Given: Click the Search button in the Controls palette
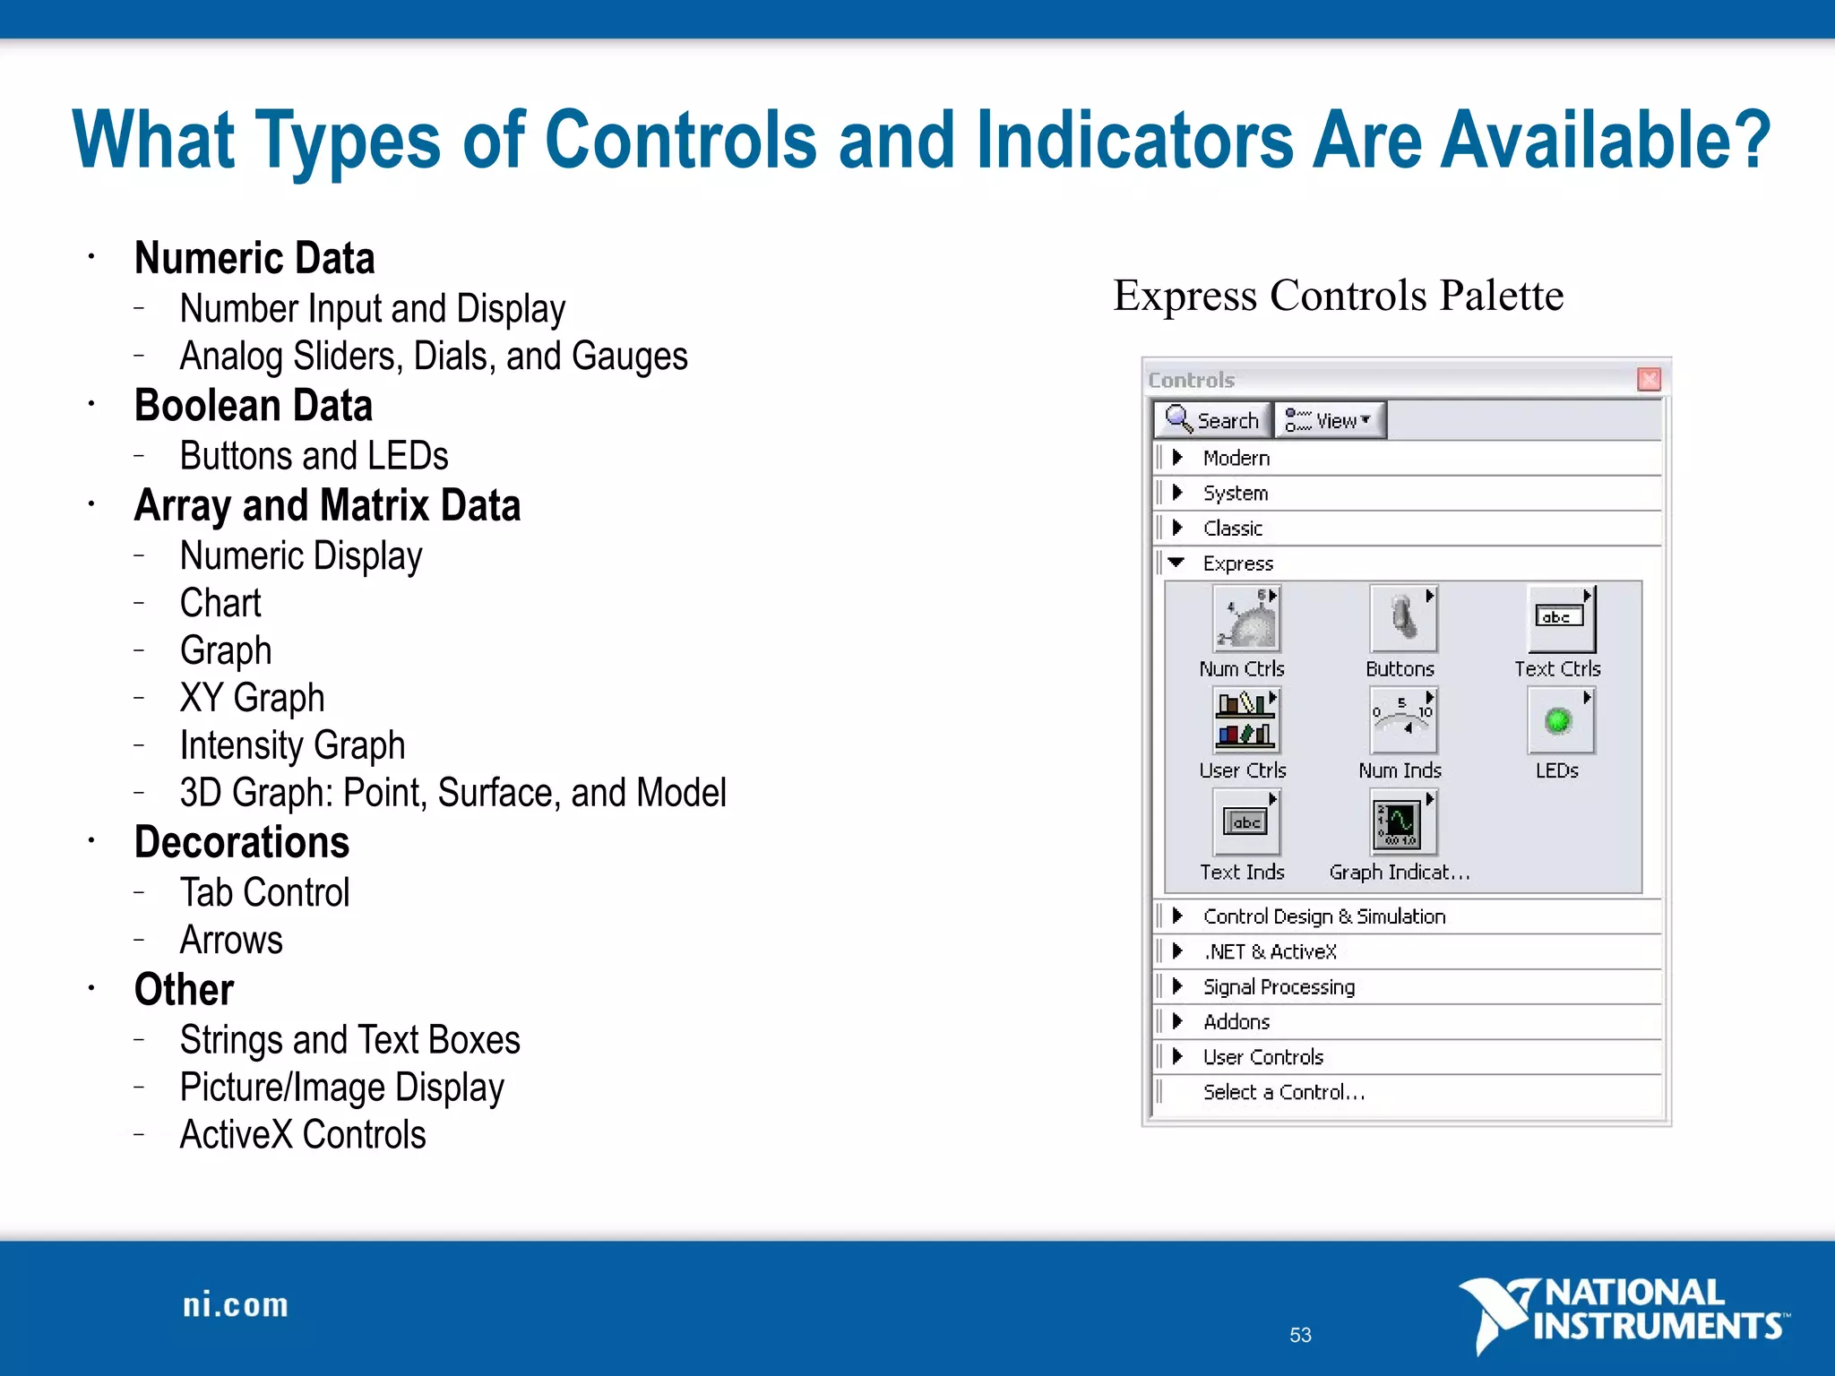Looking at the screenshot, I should (1212, 420).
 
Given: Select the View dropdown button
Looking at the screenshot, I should (1330, 420).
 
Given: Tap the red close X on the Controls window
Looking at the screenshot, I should (1649, 379).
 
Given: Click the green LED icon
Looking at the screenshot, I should (1559, 720).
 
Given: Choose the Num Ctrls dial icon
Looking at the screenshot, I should (1246, 619).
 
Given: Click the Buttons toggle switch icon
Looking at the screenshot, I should (1403, 619).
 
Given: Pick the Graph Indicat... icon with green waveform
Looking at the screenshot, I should (1401, 822).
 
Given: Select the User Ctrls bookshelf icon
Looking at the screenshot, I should (1245, 720).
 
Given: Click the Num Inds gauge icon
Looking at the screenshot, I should (1402, 720).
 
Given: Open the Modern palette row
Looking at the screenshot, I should (1236, 458).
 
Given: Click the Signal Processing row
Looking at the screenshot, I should (1279, 986).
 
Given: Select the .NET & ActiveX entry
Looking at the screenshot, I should (1270, 951).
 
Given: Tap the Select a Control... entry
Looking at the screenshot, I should (1283, 1092).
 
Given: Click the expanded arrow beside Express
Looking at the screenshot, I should (1176, 563).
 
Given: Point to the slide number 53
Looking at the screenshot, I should (1300, 1335).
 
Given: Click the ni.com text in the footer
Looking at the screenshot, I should (236, 1305).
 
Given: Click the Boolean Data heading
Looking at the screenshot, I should (254, 406).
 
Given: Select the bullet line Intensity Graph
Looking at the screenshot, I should (292, 745).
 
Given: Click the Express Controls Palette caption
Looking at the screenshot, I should (1338, 296).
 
